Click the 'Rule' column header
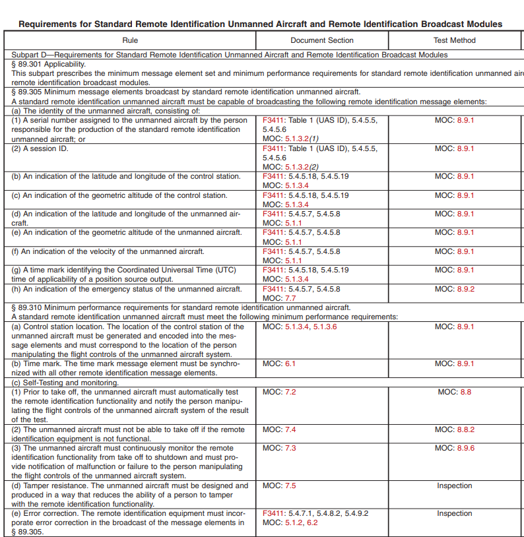(x=130, y=40)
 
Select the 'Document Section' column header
(x=321, y=40)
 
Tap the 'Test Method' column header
(x=454, y=40)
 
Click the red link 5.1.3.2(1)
(x=302, y=140)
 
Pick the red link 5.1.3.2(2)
(x=302, y=168)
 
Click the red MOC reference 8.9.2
(x=465, y=289)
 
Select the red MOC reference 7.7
(x=290, y=299)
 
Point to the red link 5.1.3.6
(x=325, y=327)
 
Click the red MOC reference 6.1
(x=290, y=363)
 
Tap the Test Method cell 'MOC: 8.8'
(x=454, y=392)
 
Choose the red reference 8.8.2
(x=465, y=429)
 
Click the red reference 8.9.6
(x=465, y=448)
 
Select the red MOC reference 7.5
(x=290, y=486)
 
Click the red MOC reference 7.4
(x=290, y=429)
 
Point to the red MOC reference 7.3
(x=290, y=448)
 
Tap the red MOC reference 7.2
(x=290, y=392)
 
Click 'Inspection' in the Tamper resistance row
(x=454, y=486)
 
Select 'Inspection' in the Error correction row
(x=454, y=513)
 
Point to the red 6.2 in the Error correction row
(x=312, y=523)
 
